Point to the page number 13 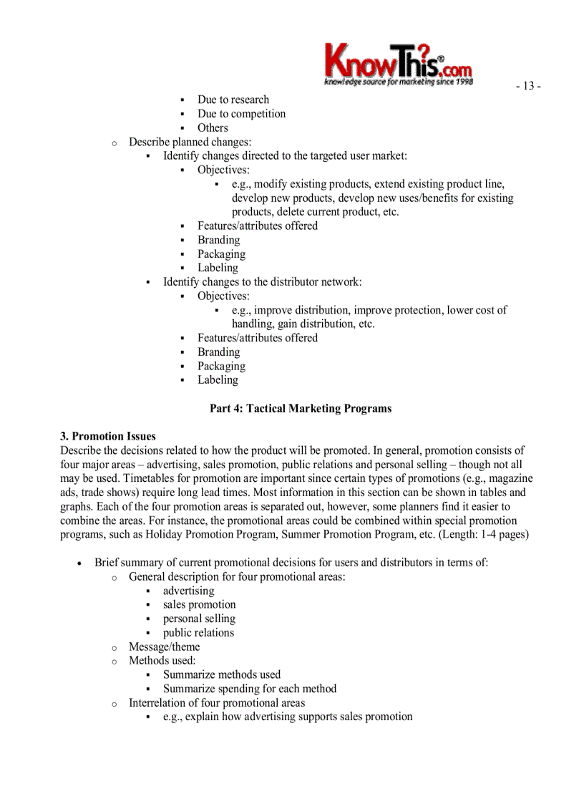point(528,86)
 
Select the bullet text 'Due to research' point(233,100)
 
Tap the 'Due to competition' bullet point(241,114)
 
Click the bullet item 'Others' point(213,127)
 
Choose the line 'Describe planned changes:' point(190,142)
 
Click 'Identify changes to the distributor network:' point(262,281)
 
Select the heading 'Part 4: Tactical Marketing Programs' point(301,408)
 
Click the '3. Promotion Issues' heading point(108,436)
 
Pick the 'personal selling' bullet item point(199,619)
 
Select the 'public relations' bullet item point(198,632)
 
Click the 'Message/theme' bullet point(164,646)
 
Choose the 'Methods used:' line point(162,660)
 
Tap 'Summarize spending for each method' point(249,689)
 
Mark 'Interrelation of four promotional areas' point(216,702)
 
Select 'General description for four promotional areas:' point(237,576)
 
